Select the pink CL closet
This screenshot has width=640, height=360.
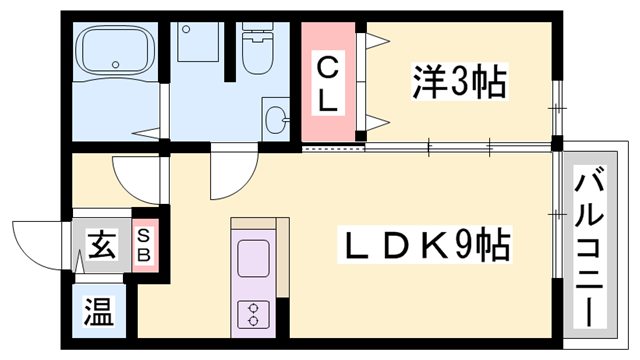(328, 83)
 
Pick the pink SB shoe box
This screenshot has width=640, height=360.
(145, 244)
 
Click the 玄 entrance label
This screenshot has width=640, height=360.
(101, 243)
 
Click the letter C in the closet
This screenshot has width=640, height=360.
(327, 67)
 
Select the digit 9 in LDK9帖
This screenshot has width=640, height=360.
(467, 243)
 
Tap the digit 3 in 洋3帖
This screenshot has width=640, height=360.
(461, 81)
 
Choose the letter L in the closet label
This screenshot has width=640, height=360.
(328, 100)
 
